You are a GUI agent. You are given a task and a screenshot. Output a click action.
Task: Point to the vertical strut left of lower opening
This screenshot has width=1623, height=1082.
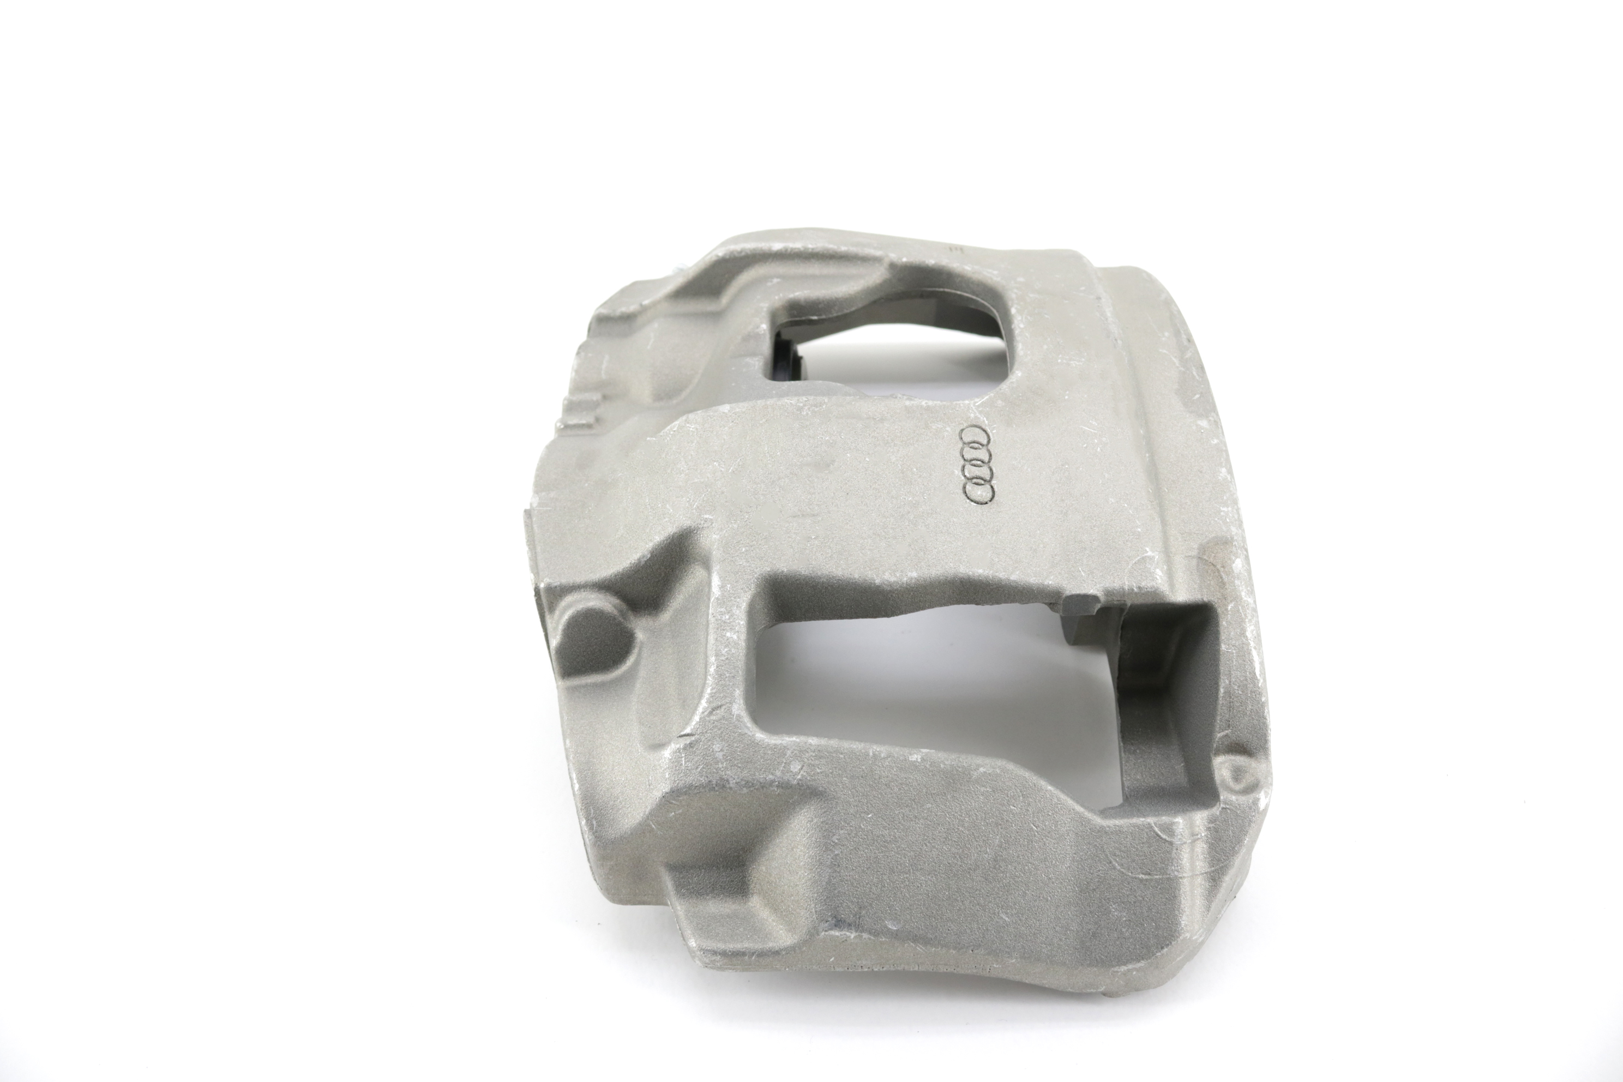[725, 663]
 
